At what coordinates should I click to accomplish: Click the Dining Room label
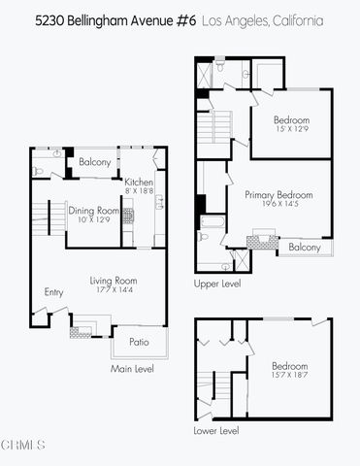click(93, 211)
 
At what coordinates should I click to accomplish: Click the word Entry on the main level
click(53, 291)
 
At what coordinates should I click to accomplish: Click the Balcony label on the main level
click(95, 162)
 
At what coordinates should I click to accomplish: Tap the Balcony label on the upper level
click(307, 249)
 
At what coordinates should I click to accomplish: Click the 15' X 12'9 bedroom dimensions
click(292, 127)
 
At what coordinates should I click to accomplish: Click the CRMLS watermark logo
click(23, 447)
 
